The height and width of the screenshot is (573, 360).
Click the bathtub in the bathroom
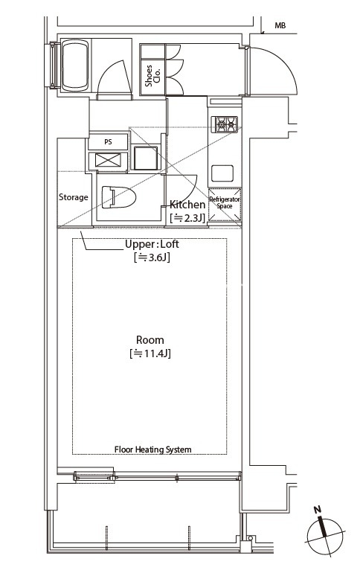pos(75,65)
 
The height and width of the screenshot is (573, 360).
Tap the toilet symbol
pos(119,197)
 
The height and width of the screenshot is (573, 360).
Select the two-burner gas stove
pos(226,124)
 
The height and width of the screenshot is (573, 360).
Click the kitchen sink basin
pos(222,173)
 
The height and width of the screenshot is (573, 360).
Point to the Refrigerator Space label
pos(225,203)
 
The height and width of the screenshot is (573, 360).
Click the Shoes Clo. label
pos(152,76)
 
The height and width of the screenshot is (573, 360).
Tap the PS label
pos(108,142)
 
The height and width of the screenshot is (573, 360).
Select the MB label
pos(280,25)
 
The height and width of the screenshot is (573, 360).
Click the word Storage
pos(74,197)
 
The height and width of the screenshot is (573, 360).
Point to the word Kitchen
pos(187,205)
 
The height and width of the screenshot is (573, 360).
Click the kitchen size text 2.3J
pos(187,218)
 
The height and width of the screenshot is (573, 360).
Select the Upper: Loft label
pos(152,245)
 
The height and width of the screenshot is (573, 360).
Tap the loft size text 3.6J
pos(152,257)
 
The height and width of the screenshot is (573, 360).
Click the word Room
pos(150,340)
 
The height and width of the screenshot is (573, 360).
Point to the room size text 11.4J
pos(150,353)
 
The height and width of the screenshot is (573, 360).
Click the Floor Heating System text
pos(153,449)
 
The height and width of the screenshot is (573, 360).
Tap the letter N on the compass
pos(318,510)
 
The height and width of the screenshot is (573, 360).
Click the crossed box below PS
pos(108,161)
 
